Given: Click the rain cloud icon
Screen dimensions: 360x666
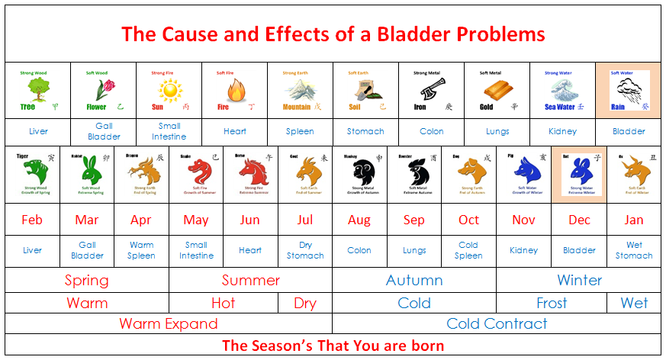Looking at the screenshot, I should [x=629, y=90].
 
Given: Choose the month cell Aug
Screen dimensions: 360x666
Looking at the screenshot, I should [x=359, y=220].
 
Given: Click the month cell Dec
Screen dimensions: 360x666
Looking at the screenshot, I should [x=580, y=220].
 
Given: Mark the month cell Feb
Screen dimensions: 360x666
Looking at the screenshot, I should [x=32, y=220].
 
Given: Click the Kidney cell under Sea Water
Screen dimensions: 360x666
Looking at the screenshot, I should [x=563, y=131].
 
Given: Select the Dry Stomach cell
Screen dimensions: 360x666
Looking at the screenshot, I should [x=305, y=250].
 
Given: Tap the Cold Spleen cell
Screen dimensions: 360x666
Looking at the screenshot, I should [x=468, y=250].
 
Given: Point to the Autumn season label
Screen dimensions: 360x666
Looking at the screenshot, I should [x=414, y=280].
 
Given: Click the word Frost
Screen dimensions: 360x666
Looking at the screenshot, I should [x=552, y=303].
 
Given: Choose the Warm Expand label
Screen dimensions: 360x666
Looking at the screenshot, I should [x=169, y=323].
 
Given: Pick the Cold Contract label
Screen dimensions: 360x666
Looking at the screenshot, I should [x=497, y=323].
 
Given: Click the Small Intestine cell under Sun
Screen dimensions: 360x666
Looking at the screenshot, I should [x=169, y=131].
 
